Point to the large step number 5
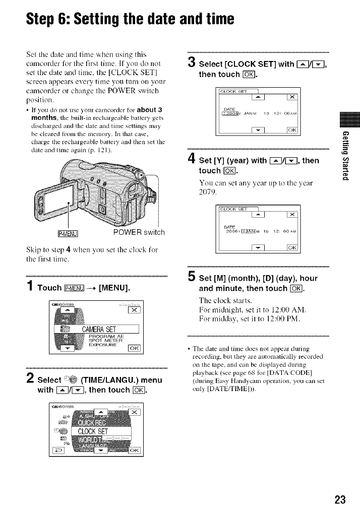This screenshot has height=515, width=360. (x=190, y=275)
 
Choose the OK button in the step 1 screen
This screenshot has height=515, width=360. (x=134, y=349)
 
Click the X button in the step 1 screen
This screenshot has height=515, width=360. (x=134, y=310)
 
